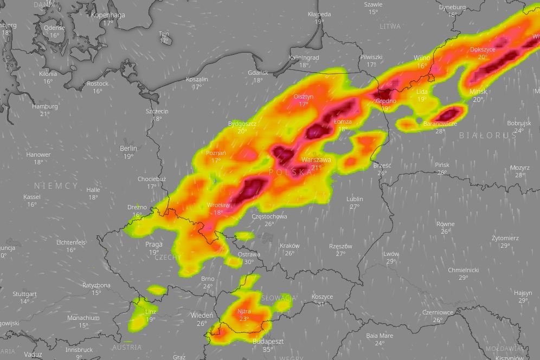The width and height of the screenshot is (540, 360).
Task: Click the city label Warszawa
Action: [x=316, y=160]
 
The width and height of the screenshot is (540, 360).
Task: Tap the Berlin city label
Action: [x=128, y=148]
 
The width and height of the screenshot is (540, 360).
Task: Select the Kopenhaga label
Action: [x=108, y=15]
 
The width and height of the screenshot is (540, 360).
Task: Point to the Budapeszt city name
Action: [x=268, y=342]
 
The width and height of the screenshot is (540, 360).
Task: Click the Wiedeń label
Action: [x=202, y=315]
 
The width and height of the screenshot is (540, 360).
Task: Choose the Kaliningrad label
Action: [x=304, y=57]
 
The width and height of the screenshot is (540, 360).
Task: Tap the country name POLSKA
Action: [x=291, y=172]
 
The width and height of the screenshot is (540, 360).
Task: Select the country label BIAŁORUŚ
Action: [x=488, y=136]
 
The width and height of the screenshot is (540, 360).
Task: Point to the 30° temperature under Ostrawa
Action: [x=249, y=262]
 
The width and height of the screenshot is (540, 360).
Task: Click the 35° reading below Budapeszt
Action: [x=268, y=350]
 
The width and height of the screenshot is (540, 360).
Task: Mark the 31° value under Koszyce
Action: [x=322, y=304]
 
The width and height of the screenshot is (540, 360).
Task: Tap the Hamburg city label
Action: [x=44, y=106]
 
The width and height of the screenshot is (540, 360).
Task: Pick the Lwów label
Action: [x=391, y=254]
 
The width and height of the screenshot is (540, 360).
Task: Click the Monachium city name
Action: [x=83, y=318]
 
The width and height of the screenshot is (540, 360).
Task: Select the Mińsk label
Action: [x=478, y=92]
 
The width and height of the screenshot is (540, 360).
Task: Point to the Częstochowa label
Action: [x=269, y=216]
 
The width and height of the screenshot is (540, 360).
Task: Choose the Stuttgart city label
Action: [x=25, y=294]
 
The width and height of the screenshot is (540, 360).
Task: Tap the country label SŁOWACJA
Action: [x=279, y=298]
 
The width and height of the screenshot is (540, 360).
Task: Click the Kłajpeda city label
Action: [x=319, y=14]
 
